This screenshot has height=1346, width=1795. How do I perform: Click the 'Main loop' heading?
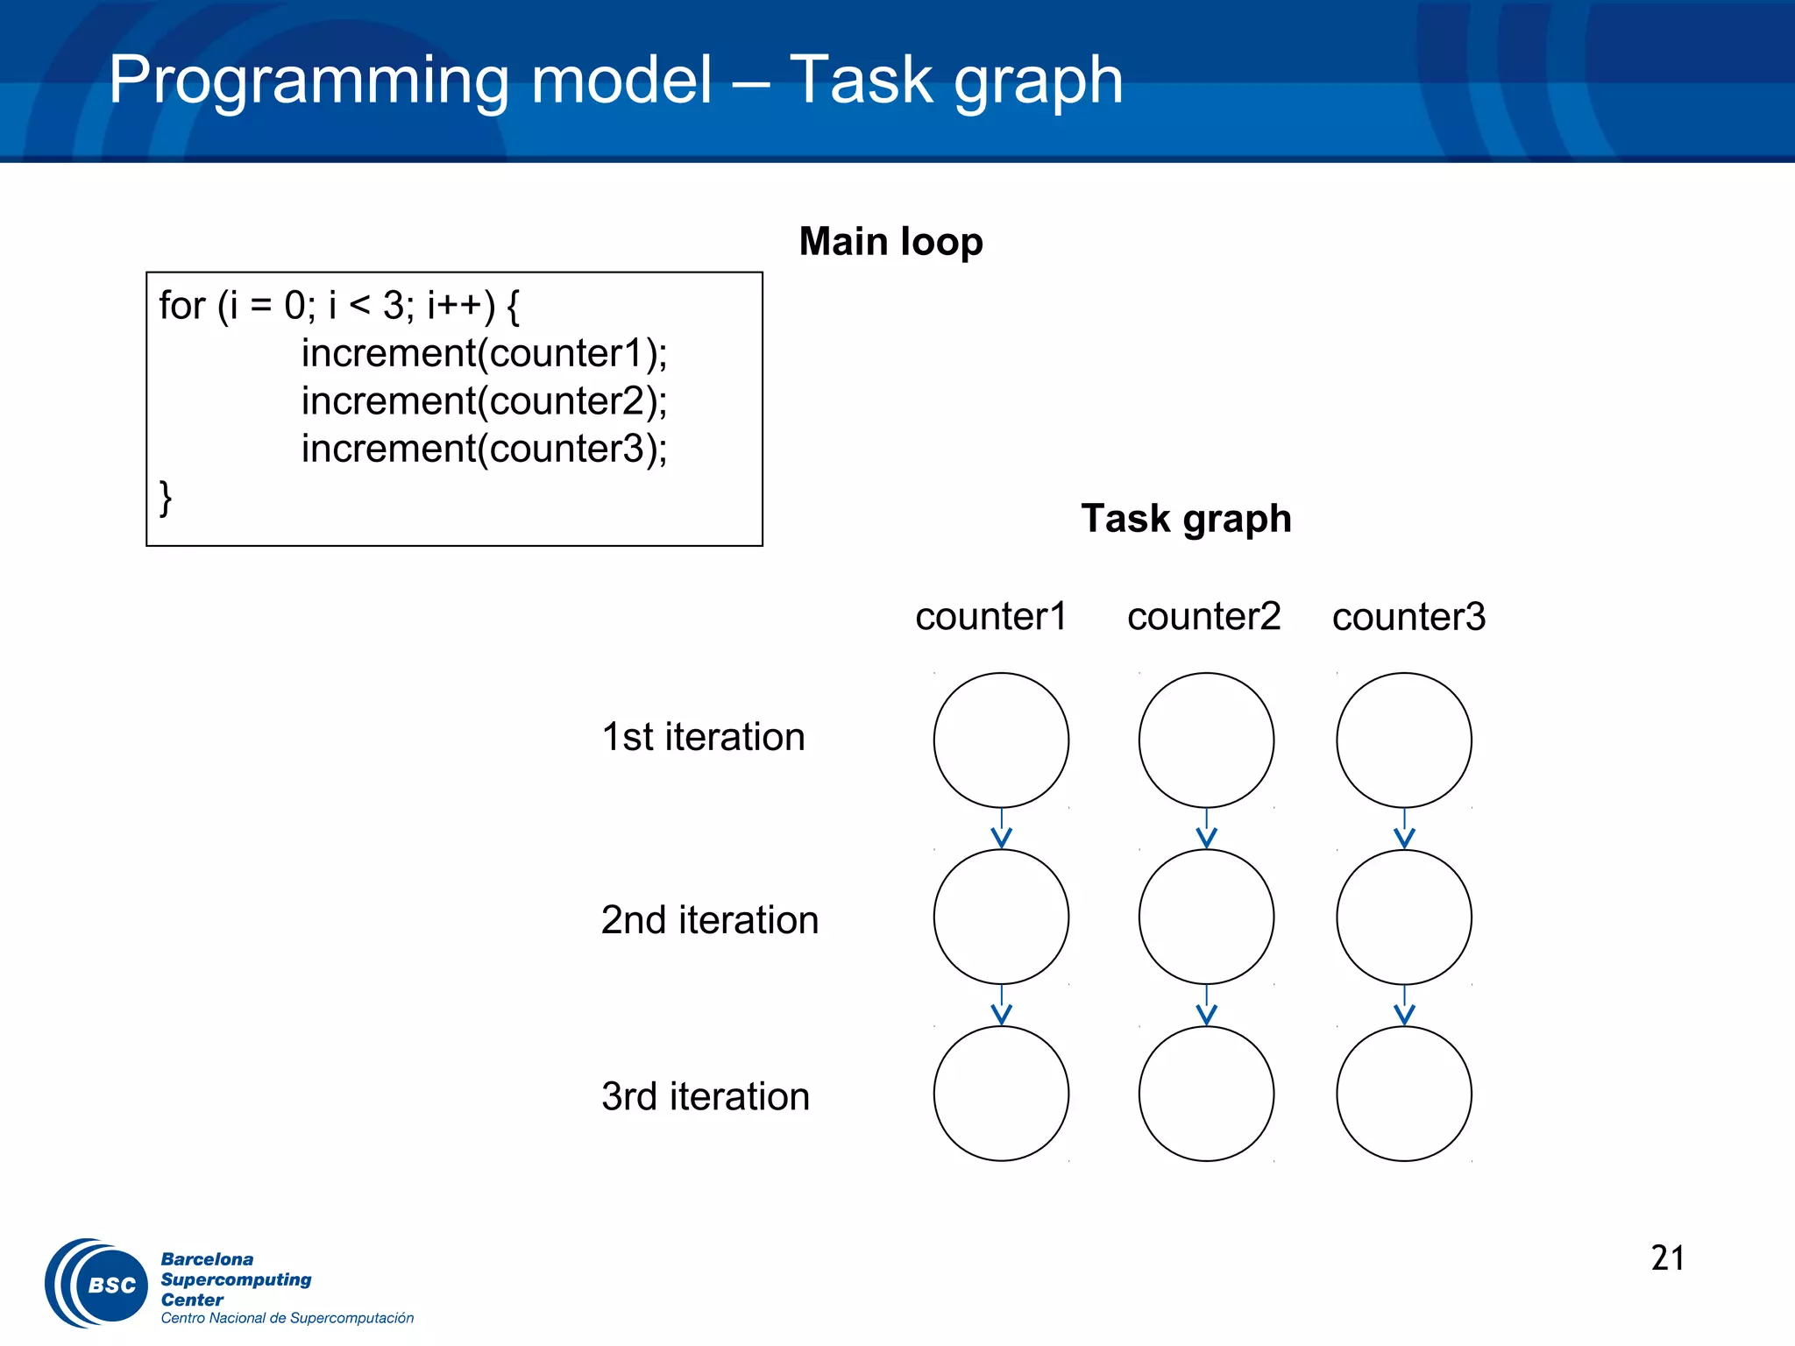click(x=890, y=242)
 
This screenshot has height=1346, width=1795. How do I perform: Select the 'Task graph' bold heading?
click(x=1185, y=519)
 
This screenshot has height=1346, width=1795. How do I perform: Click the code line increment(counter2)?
click(x=484, y=401)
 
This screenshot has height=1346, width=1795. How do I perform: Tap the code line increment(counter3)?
click(x=484, y=450)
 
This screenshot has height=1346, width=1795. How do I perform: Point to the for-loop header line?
click(x=339, y=306)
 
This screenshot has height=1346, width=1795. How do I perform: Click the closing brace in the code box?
click(x=165, y=497)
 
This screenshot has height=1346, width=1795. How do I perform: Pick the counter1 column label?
click(x=990, y=617)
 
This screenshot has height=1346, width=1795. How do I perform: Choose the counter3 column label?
click(x=1408, y=617)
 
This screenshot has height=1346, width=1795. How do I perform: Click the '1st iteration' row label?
click(x=703, y=737)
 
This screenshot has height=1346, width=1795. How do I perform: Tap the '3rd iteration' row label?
click(x=705, y=1097)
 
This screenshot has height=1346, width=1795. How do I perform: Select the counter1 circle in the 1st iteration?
click(x=1001, y=740)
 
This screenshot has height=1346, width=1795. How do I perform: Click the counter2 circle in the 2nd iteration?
click(x=1206, y=917)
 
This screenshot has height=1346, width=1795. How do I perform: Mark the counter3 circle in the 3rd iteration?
click(x=1403, y=1094)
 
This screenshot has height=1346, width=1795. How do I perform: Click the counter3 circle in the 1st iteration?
click(x=1403, y=740)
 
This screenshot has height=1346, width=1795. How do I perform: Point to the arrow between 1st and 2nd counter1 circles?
click(x=1001, y=829)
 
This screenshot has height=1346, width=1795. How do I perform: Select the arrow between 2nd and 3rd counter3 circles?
click(x=1404, y=1005)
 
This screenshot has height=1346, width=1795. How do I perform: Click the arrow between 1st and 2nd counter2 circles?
click(x=1206, y=829)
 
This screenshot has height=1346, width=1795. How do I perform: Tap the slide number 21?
click(x=1667, y=1258)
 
